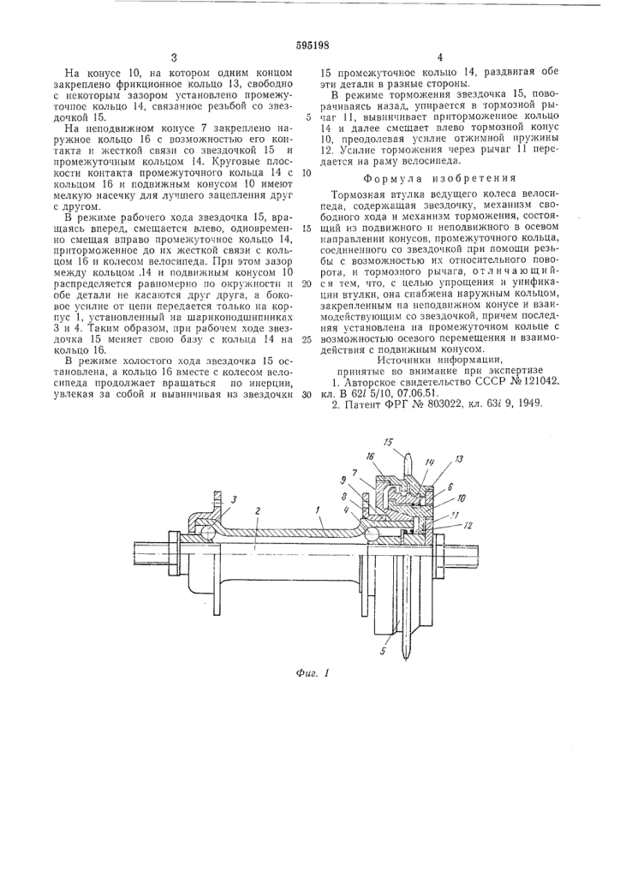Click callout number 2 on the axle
(x=257, y=510)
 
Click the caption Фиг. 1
(x=312, y=673)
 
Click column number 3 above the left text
(x=174, y=57)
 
